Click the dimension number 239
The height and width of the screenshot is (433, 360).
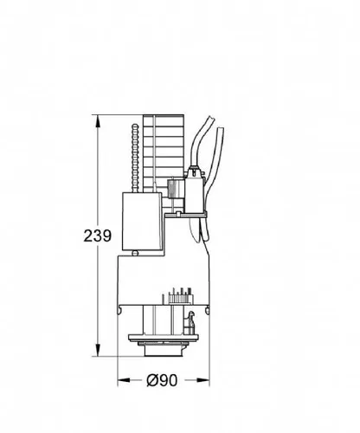pos(97,236)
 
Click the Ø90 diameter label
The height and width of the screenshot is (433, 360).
pos(162,380)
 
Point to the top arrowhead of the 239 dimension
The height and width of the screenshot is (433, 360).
pos(98,120)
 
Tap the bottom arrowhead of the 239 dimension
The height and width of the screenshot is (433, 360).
pos(98,350)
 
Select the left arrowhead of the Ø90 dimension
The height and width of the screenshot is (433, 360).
pos(124,380)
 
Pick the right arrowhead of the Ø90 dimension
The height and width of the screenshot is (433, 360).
pos(203,380)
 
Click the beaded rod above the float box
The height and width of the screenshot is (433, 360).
pos(135,158)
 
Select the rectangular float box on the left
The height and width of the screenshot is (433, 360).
pos(142,222)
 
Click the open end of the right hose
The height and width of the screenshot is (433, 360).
pos(221,129)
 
